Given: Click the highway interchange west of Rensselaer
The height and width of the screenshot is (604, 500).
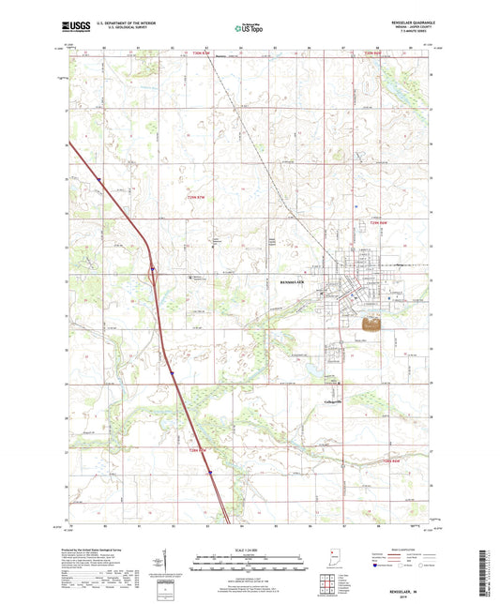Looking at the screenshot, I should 151,274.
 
